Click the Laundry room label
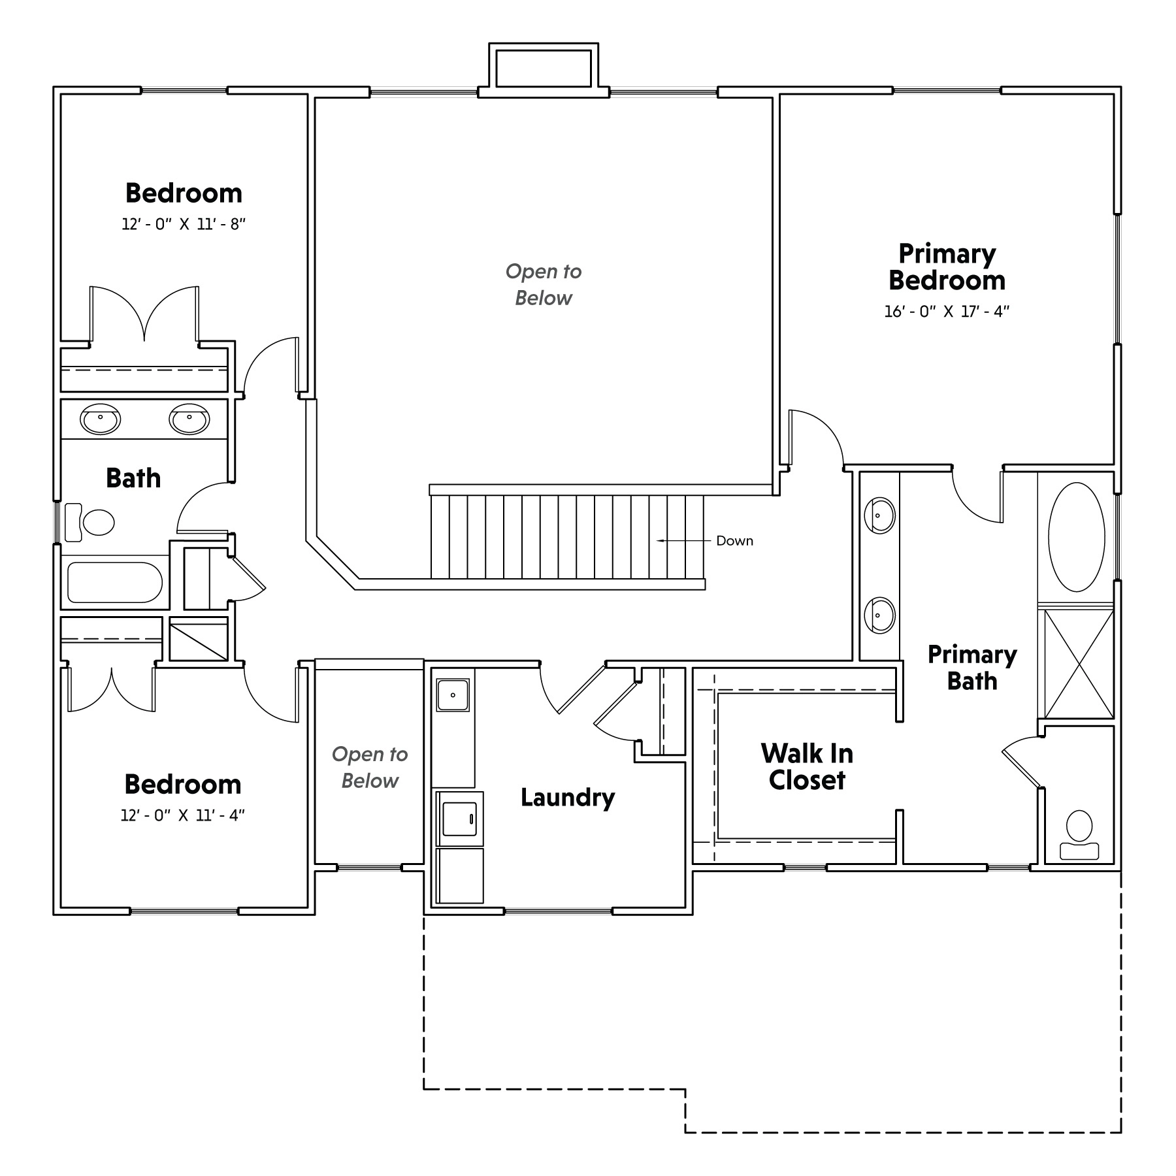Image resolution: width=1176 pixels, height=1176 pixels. [568, 798]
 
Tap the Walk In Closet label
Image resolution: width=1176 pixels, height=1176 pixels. [807, 767]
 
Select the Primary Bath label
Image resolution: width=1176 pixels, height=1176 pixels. [972, 668]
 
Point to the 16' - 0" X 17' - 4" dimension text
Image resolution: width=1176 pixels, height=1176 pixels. [947, 311]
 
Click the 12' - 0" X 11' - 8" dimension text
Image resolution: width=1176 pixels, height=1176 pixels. [184, 224]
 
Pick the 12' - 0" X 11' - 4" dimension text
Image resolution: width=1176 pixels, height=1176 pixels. [183, 815]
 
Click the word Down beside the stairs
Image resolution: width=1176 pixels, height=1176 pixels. [735, 541]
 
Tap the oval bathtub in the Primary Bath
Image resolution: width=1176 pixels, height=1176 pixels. [1077, 537]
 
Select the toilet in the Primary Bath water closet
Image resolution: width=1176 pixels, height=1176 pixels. [1079, 835]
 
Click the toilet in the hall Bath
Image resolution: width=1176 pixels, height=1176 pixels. [90, 522]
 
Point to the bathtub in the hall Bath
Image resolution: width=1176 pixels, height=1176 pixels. [115, 583]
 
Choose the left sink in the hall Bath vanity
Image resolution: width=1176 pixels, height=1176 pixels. [101, 419]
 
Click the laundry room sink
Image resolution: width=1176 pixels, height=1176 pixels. [453, 695]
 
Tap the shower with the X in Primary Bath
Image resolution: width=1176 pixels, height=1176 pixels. [1079, 663]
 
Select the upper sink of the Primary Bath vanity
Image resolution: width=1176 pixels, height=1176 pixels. [879, 515]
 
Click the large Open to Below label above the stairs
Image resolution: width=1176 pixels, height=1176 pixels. [544, 285]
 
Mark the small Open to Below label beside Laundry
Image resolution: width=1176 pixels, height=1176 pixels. [370, 768]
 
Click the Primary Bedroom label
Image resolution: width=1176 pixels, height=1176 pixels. [947, 267]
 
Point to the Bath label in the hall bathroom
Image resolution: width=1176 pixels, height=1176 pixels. [133, 478]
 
